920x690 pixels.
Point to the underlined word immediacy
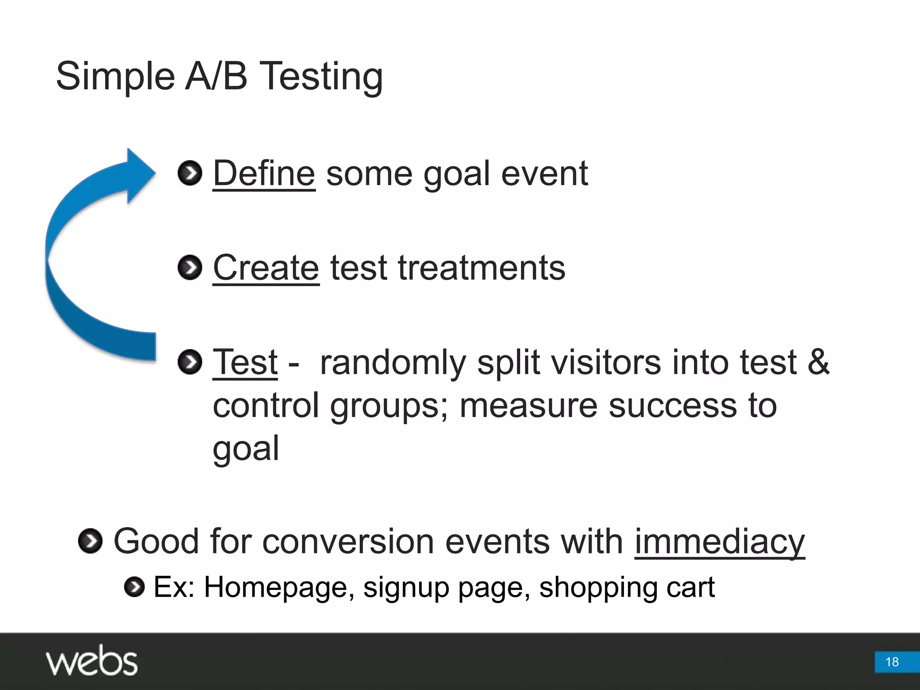point(720,542)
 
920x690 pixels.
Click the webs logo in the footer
point(92,661)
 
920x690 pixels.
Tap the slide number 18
point(892,662)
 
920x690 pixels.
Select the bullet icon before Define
point(190,173)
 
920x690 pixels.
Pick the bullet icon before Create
point(190,268)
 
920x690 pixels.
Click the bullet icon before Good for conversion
point(90,541)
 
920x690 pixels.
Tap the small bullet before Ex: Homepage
point(134,587)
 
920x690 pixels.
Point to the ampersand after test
point(818,362)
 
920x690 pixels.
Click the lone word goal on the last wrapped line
point(246,448)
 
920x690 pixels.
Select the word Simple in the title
point(115,76)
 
